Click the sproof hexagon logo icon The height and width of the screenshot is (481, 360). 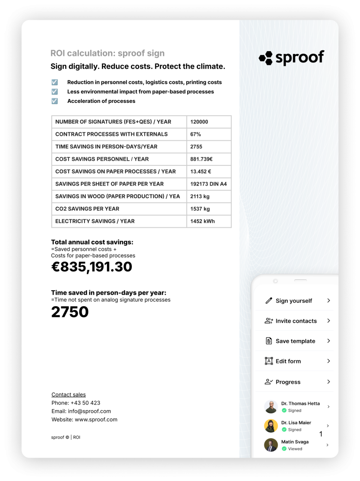pyautogui.click(x=266, y=58)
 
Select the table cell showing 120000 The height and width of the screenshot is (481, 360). pyautogui.click(x=199, y=122)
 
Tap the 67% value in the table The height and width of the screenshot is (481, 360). pyautogui.click(x=196, y=134)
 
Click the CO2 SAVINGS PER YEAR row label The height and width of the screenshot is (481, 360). pyautogui.click(x=87, y=209)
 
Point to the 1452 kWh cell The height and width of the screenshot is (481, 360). pyautogui.click(x=202, y=221)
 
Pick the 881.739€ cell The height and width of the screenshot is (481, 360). pyautogui.click(x=201, y=159)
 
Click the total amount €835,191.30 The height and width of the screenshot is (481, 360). pyautogui.click(x=92, y=267)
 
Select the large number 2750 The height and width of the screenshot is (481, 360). pyautogui.click(x=70, y=312)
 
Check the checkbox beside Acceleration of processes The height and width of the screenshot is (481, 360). pyautogui.click(x=54, y=101)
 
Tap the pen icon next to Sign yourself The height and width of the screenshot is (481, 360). pyautogui.click(x=268, y=301)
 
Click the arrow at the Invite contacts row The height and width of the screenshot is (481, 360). pyautogui.click(x=329, y=321)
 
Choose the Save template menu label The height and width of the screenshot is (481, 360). pyautogui.click(x=295, y=341)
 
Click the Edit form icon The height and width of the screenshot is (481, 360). pyautogui.click(x=268, y=361)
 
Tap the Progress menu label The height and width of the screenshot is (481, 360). pyautogui.click(x=288, y=382)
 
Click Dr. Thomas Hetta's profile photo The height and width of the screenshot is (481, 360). pyautogui.click(x=271, y=407)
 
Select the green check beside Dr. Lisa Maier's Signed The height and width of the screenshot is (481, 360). pyautogui.click(x=284, y=429)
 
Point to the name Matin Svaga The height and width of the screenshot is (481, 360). pyautogui.click(x=295, y=442)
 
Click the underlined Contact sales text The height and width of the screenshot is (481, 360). pyautogui.click(x=69, y=395)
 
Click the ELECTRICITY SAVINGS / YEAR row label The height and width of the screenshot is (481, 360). pyautogui.click(x=95, y=221)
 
